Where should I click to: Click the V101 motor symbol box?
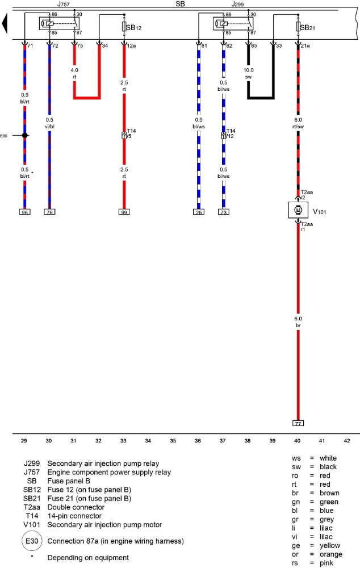click(299, 210)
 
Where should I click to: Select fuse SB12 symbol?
click(124, 27)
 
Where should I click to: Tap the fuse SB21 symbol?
click(298, 27)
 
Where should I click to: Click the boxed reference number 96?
click(24, 212)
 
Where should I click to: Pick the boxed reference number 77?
click(298, 424)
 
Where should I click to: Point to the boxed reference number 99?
click(124, 212)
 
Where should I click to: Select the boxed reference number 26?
click(198, 212)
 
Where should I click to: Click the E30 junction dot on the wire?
click(24, 135)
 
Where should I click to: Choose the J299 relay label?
click(237, 4)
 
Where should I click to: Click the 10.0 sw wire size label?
click(249, 74)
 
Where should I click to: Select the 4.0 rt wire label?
click(74, 74)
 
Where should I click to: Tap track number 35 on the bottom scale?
click(173, 440)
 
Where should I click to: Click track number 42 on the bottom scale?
click(347, 440)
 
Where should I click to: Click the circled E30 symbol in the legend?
click(32, 541)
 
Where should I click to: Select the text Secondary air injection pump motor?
click(105, 524)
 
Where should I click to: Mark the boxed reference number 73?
click(223, 212)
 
